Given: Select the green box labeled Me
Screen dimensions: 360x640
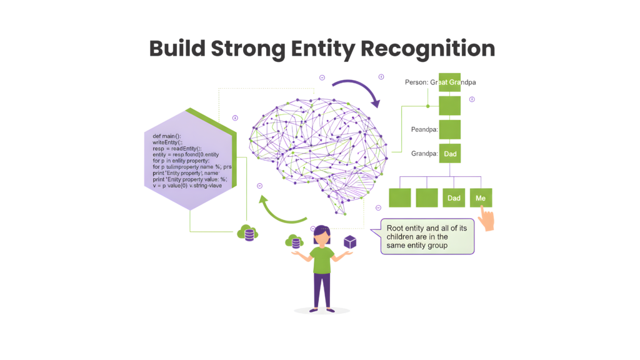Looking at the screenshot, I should tap(481, 198).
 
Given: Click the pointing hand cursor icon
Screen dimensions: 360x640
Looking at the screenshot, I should tap(486, 219).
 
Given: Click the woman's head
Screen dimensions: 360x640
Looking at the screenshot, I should tap(321, 234).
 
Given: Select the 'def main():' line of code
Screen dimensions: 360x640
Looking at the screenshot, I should tap(166, 136).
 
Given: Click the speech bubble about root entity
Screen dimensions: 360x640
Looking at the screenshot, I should tap(427, 237).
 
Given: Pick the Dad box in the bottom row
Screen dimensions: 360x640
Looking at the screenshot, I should tap(453, 198).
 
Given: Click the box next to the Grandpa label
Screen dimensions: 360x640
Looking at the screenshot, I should tap(449, 152).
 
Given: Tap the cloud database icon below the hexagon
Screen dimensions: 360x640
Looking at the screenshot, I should tap(248, 232).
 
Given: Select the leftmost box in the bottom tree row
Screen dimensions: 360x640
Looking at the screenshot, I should tap(400, 198).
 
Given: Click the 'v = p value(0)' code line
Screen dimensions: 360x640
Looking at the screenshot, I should tap(190, 186).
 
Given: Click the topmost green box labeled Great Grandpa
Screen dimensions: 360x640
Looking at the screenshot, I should tap(449, 82).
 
